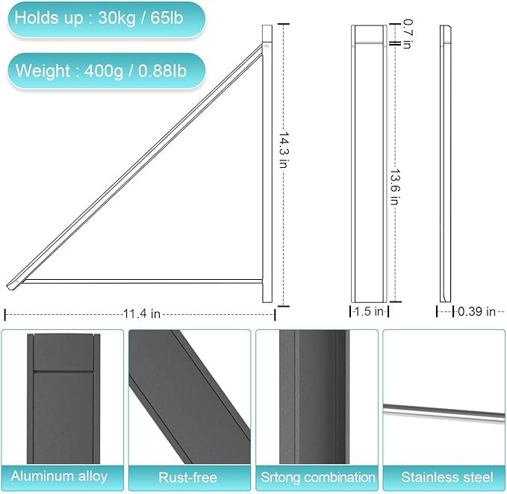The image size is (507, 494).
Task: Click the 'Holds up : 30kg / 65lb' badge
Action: point(105,19)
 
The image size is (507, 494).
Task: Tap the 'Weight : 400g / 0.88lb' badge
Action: point(105,71)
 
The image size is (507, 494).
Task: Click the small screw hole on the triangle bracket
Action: point(267,49)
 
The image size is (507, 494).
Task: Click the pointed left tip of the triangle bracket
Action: point(9,285)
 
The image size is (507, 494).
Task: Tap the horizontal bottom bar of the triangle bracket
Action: point(142,281)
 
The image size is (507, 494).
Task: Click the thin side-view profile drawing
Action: point(446,164)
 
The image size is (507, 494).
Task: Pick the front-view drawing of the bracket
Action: point(369,164)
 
